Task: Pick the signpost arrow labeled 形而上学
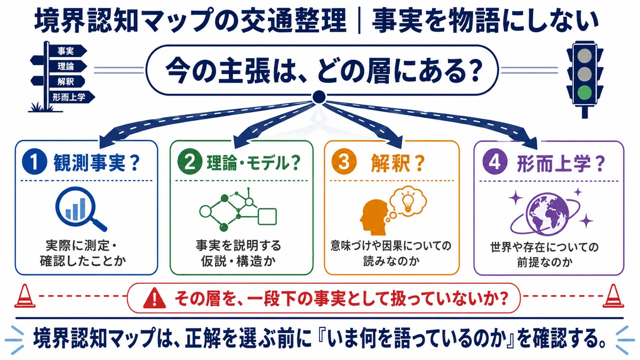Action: tap(72, 97)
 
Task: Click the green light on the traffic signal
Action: tap(585, 93)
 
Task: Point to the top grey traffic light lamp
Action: tap(585, 55)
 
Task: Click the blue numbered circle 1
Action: tap(35, 162)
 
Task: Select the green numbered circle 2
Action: tap(190, 162)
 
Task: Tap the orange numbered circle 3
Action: tap(344, 162)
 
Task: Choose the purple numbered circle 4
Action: tap(495, 162)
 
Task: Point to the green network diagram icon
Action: tap(238, 210)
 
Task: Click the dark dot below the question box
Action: tap(319, 97)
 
